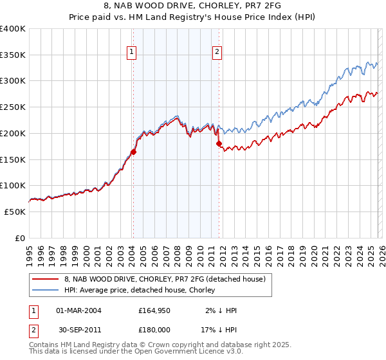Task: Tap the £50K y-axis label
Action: click(15, 212)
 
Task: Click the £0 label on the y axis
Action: click(21, 238)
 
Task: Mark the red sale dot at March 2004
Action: click(133, 152)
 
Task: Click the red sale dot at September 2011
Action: click(219, 144)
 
